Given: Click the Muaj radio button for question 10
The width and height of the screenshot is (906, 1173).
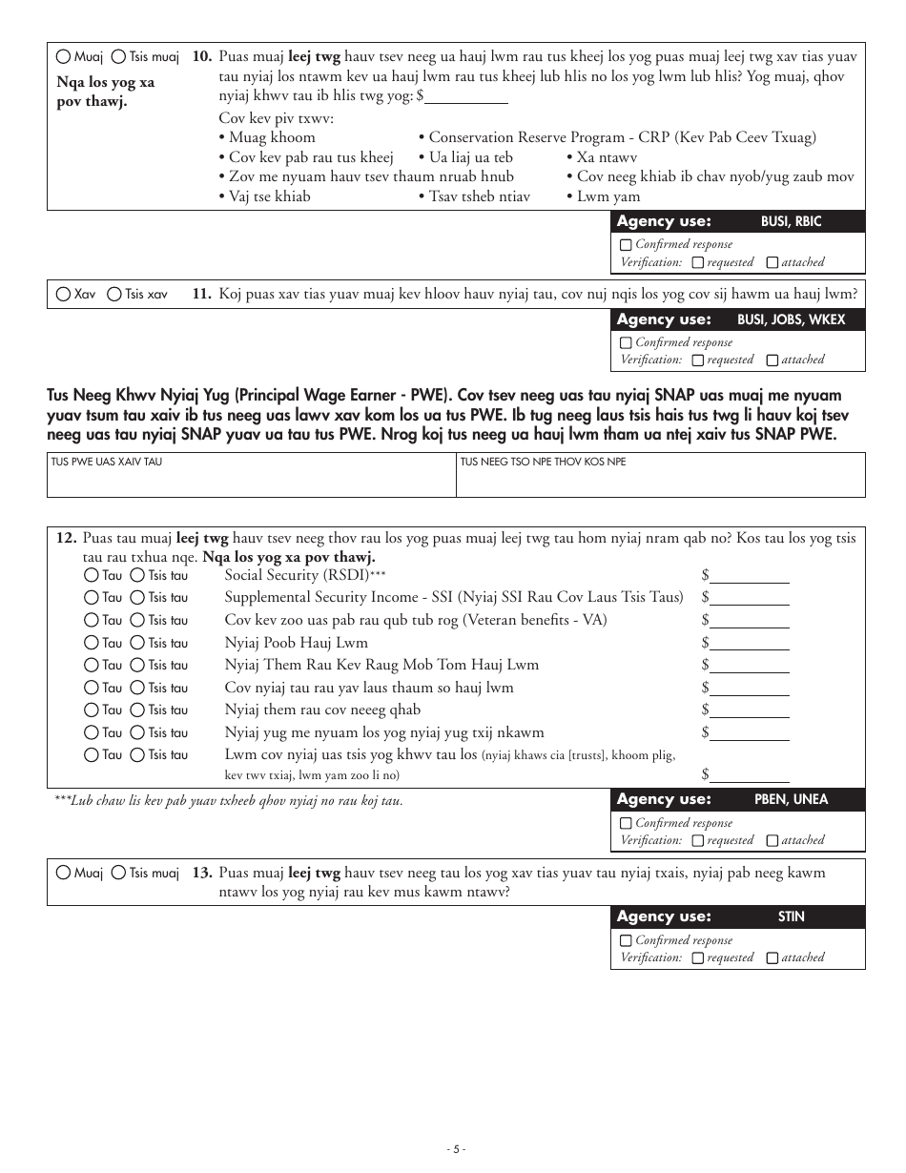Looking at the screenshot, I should pos(64,57).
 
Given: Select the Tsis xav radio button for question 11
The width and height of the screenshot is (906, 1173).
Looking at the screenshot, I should pos(114,295).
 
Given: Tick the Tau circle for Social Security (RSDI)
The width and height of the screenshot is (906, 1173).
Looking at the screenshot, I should pos(91,575).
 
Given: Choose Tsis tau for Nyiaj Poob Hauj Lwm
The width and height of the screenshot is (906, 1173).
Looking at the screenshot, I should pos(137,643).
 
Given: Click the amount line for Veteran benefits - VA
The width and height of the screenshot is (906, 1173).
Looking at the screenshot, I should pos(750,621).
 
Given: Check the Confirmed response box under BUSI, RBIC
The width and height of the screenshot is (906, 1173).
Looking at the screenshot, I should pos(626,245).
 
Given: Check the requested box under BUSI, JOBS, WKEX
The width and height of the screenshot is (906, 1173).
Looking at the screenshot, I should pos(698,360).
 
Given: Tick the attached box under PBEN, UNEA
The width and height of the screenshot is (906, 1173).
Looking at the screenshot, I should pos(772,841).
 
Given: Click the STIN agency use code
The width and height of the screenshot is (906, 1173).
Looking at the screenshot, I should pos(791,916).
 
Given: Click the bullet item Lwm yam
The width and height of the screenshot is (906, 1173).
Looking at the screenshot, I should pos(607,196).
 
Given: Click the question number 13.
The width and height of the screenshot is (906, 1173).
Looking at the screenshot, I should pos(201,873).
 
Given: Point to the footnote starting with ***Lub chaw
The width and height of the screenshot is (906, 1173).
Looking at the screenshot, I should pos(229,801).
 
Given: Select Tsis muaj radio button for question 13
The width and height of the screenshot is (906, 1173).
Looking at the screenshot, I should pos(118,873).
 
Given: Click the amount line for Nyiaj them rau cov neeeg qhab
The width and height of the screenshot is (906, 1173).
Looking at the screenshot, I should pos(750,710).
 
